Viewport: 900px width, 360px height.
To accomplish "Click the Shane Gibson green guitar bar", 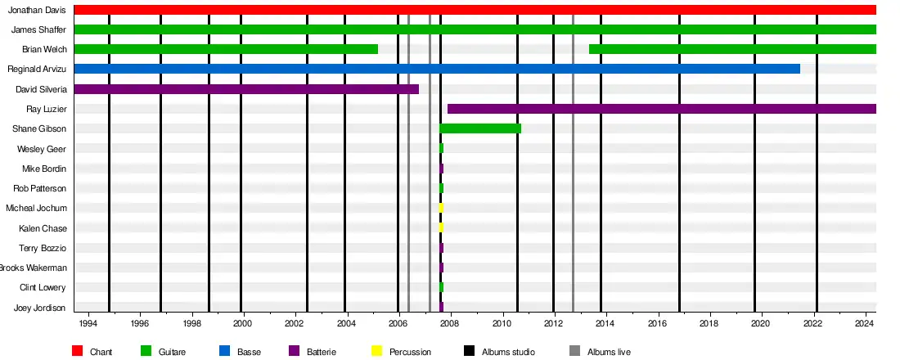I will point(480,128).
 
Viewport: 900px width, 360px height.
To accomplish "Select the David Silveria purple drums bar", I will point(245,89).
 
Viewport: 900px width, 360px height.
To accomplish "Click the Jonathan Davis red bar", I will point(475,10).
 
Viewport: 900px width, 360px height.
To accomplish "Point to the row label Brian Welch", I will point(44,49).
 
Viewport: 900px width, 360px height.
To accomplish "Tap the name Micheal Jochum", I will point(36,208).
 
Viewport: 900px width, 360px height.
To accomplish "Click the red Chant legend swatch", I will point(78,351).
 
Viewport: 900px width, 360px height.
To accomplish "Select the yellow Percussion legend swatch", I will point(376,351).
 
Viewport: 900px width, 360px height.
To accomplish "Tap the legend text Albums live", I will point(609,352).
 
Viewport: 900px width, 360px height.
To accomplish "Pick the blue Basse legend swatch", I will point(224,351).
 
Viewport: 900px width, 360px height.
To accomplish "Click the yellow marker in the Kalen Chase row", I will point(441,227).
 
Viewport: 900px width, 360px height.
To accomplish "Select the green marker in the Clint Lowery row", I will point(441,287).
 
